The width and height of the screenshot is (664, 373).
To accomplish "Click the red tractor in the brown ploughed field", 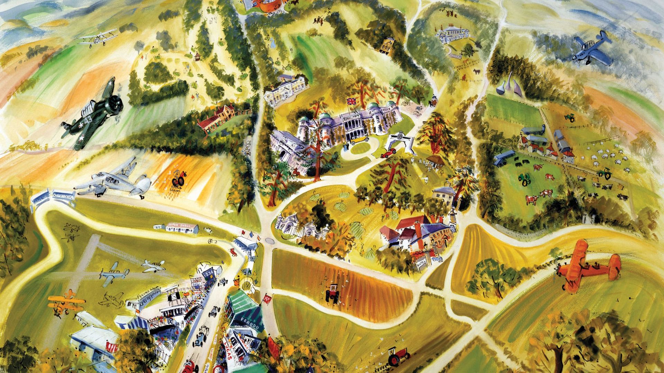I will [332, 294].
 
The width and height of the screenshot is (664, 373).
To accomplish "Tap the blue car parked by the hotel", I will [437, 259].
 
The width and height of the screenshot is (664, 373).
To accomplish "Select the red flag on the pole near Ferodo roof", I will [267, 299].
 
